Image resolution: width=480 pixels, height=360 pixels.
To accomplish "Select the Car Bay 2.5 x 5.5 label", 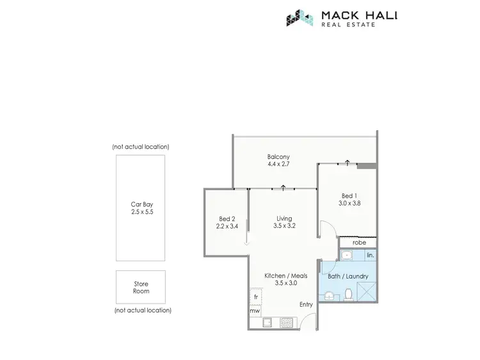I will tap(140, 208).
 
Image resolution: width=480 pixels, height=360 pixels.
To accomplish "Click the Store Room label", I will tap(140, 287).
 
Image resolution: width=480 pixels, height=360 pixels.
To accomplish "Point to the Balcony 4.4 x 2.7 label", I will tap(278, 161).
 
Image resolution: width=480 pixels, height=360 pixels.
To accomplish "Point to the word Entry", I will tap(306, 304).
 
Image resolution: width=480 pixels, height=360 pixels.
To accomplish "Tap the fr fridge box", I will tap(255, 297).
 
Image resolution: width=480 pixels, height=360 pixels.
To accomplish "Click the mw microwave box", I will tap(255, 312).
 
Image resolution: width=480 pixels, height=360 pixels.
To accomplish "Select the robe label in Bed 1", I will tap(359, 243).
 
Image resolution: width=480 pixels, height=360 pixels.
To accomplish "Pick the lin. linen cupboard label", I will tap(370, 256).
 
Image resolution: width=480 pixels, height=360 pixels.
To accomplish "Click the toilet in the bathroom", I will tap(349, 294).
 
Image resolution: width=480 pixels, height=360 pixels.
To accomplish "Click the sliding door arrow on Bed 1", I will tap(346, 161).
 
